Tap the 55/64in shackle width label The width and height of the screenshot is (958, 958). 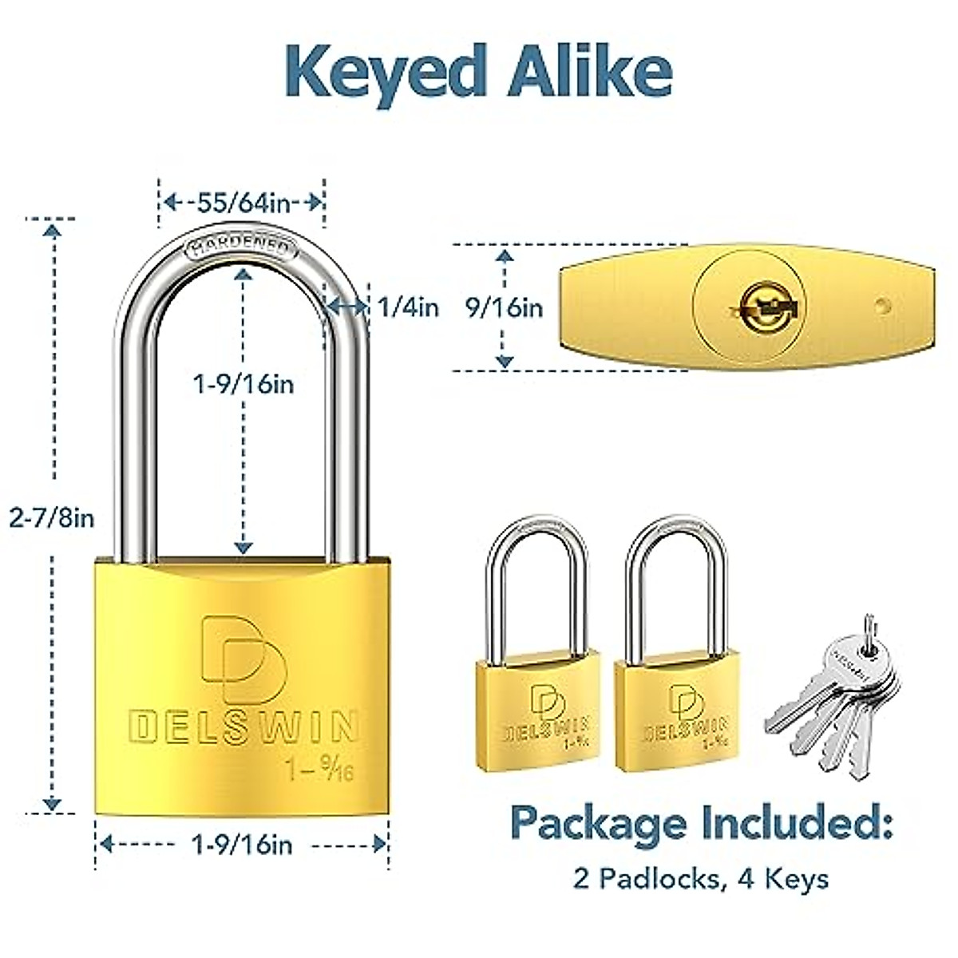tap(243, 202)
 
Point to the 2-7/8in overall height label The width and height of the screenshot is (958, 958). tap(52, 518)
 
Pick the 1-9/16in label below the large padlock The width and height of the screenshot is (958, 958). tap(243, 844)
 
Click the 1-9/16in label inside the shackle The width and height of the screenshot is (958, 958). tap(243, 384)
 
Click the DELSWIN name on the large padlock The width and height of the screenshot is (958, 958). tap(243, 726)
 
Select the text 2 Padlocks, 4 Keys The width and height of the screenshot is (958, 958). tap(701, 879)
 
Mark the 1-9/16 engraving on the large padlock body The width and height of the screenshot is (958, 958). tap(319, 770)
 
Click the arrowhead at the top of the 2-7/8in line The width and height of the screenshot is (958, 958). tap(53, 232)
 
